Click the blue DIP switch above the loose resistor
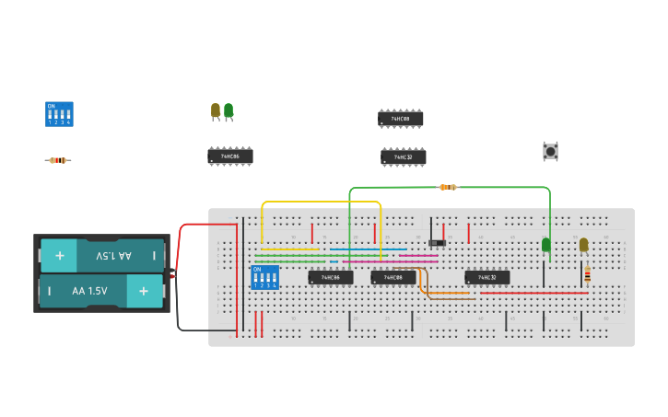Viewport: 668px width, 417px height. coord(59,114)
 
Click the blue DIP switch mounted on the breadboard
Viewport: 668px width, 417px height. coord(264,277)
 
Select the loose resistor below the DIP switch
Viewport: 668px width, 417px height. coord(57,160)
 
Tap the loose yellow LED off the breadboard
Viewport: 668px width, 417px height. coord(216,110)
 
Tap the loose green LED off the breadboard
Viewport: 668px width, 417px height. coord(229,110)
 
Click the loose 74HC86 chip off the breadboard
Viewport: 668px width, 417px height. coord(229,156)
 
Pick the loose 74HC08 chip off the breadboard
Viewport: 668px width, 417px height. coord(400,119)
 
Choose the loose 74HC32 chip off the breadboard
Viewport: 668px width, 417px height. coord(403,157)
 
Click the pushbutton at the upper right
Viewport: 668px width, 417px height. coord(550,151)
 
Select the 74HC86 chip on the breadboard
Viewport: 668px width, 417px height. coord(330,277)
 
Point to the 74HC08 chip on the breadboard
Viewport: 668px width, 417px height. coord(393,277)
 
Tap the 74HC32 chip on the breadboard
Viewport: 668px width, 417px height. coord(486,277)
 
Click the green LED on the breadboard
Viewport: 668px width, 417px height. coord(545,244)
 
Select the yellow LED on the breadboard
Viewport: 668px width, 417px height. coord(583,244)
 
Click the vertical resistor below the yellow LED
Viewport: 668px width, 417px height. coord(587,274)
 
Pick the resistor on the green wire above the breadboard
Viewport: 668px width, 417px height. coord(447,187)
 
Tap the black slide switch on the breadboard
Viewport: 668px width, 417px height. coord(438,243)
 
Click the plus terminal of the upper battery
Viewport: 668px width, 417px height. coord(59,255)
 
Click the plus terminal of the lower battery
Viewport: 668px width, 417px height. coord(144,291)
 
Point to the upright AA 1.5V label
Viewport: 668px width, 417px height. coord(90,291)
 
